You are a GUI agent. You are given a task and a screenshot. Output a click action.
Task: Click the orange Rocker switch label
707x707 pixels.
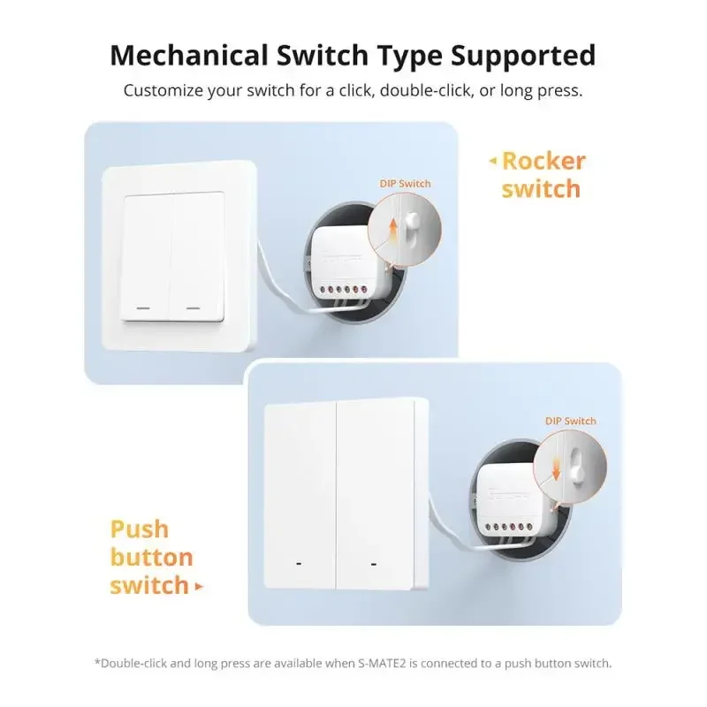543,174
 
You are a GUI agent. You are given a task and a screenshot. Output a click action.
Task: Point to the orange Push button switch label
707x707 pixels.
151,557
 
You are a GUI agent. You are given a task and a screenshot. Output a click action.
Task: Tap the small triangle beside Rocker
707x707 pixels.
493,161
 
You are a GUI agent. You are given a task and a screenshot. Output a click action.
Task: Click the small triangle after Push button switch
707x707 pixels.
199,586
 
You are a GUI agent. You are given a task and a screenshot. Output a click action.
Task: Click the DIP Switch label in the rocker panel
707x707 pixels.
406,183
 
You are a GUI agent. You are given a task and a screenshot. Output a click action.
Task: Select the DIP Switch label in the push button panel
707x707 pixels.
570,422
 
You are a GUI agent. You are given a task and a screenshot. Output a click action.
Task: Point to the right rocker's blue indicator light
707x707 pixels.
193,309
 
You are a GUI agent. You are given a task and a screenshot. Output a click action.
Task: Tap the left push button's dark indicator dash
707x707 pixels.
300,563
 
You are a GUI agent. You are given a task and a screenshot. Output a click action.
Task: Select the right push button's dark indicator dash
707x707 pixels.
374,563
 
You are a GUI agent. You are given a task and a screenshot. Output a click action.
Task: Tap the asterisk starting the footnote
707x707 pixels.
97,661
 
